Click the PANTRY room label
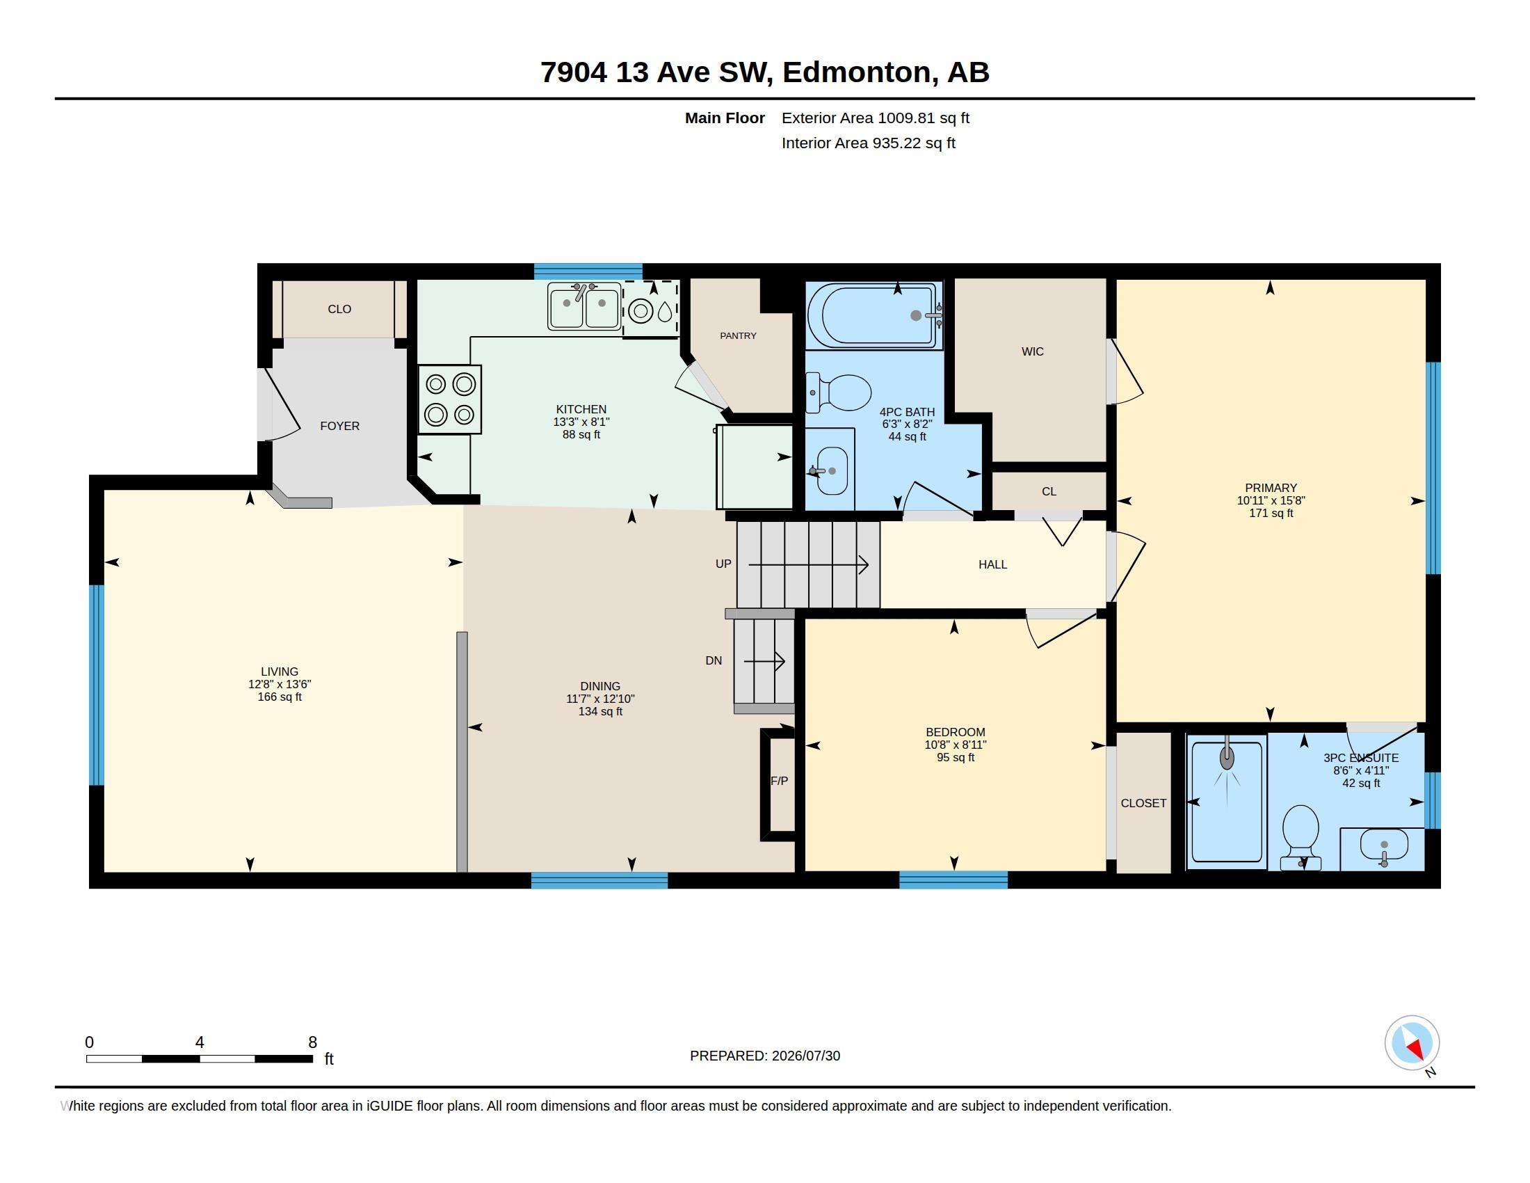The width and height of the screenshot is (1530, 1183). (x=738, y=335)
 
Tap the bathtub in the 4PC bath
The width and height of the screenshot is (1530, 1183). (x=874, y=315)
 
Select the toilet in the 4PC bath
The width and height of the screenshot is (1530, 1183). (x=839, y=392)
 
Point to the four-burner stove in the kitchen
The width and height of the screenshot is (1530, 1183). (x=450, y=399)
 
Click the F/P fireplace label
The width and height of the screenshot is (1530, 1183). (x=779, y=781)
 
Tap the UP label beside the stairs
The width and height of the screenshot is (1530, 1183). (x=723, y=564)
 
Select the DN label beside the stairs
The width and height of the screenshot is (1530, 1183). (x=713, y=660)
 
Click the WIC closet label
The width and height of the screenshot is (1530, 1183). (x=1032, y=352)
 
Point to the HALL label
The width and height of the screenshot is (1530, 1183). (x=992, y=564)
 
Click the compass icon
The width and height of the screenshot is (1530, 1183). (x=1412, y=1043)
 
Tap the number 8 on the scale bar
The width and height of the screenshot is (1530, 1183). (x=312, y=1042)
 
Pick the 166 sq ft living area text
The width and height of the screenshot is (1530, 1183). (x=280, y=697)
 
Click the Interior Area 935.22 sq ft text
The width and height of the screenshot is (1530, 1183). (x=868, y=143)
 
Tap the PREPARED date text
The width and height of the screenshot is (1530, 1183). (x=764, y=1056)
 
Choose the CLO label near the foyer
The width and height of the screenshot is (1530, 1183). (x=339, y=309)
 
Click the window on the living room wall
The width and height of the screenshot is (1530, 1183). (x=97, y=685)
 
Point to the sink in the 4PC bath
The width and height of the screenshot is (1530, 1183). (x=832, y=470)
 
